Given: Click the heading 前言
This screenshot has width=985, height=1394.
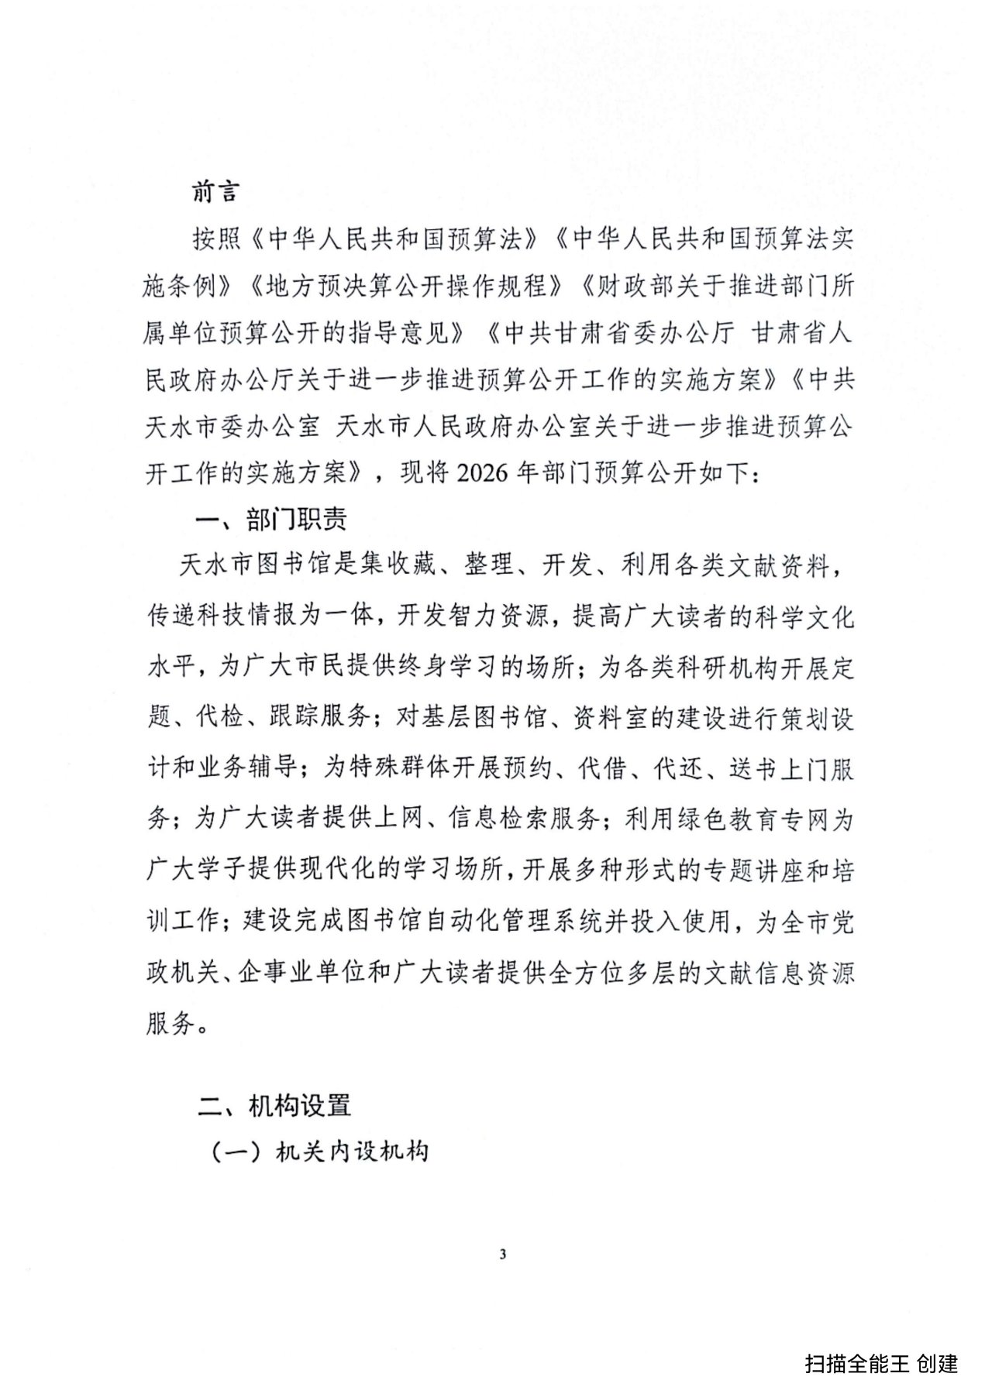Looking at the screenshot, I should (216, 192).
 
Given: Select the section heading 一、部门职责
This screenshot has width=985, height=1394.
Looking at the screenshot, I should (271, 519).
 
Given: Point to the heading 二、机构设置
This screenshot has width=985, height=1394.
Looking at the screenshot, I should (274, 1105).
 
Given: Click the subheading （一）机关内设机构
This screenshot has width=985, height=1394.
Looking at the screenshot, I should (320, 1152).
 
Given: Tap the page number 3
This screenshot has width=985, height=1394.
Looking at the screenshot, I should (503, 1255).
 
